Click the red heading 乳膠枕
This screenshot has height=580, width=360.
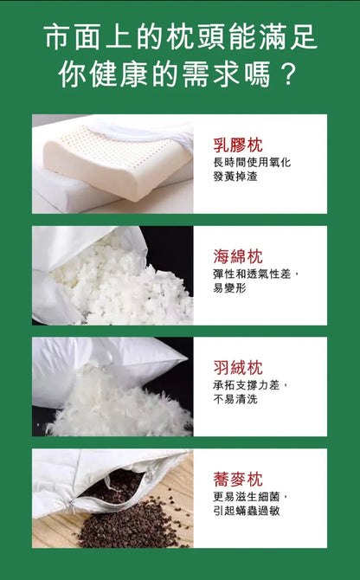click(238, 145)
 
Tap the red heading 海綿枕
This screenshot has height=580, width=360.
click(238, 256)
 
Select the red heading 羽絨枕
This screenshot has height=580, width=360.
click(238, 367)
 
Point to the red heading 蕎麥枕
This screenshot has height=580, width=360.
click(238, 479)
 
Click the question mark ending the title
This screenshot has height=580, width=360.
click(288, 74)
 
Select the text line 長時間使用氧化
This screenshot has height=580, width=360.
click(251, 163)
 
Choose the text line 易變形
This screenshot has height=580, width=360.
click(229, 287)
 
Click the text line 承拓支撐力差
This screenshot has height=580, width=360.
click(251, 385)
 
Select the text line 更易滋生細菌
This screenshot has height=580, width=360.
click(251, 497)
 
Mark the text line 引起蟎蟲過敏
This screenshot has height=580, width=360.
click(251, 511)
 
